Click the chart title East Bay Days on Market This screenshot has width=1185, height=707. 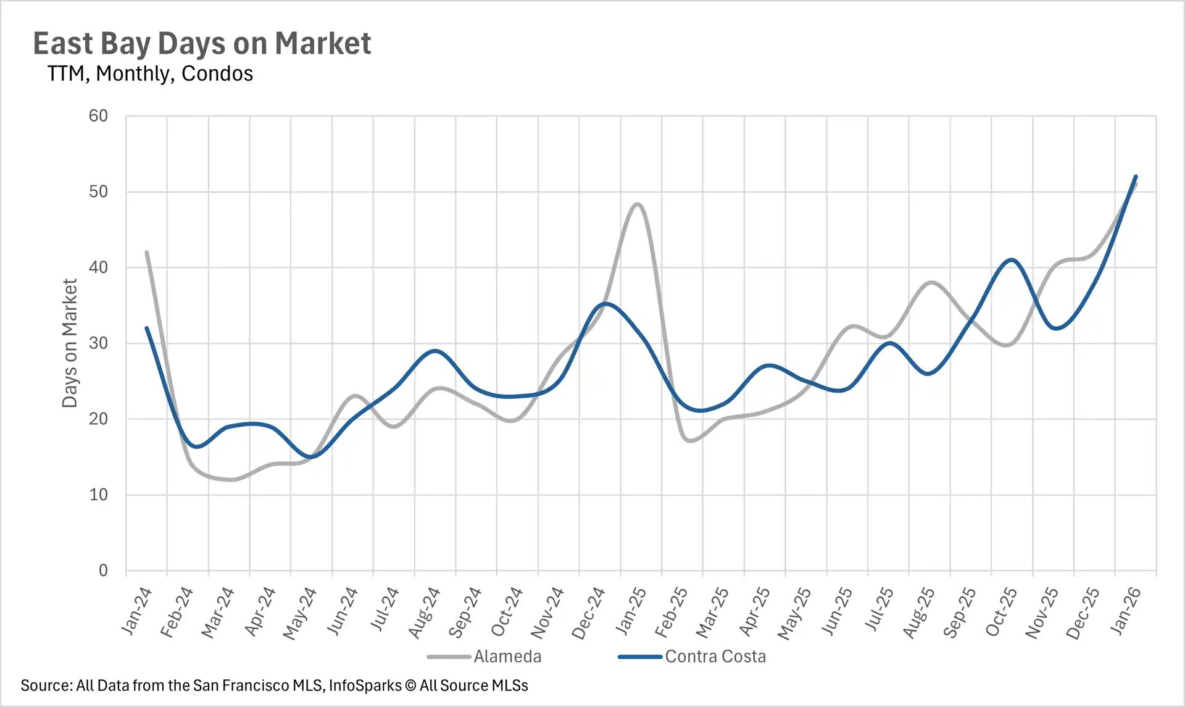(x=202, y=44)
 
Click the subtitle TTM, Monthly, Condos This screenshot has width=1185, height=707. (x=150, y=73)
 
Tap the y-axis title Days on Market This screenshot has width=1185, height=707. (x=70, y=343)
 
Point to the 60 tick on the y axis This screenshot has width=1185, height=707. (x=98, y=116)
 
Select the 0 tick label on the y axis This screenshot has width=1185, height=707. (x=103, y=571)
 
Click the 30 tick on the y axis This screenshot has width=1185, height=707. (x=98, y=343)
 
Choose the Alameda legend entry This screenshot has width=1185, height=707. (x=507, y=656)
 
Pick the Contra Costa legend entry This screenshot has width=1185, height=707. (x=715, y=656)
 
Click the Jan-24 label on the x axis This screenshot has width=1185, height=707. (x=136, y=611)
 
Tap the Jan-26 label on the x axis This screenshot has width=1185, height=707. (x=1125, y=611)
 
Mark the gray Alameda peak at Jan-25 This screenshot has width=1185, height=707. (x=638, y=204)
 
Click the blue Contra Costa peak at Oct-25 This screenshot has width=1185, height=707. (x=1011, y=259)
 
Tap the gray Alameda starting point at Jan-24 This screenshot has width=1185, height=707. (x=146, y=252)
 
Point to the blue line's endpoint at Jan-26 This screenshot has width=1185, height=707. (x=1136, y=177)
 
